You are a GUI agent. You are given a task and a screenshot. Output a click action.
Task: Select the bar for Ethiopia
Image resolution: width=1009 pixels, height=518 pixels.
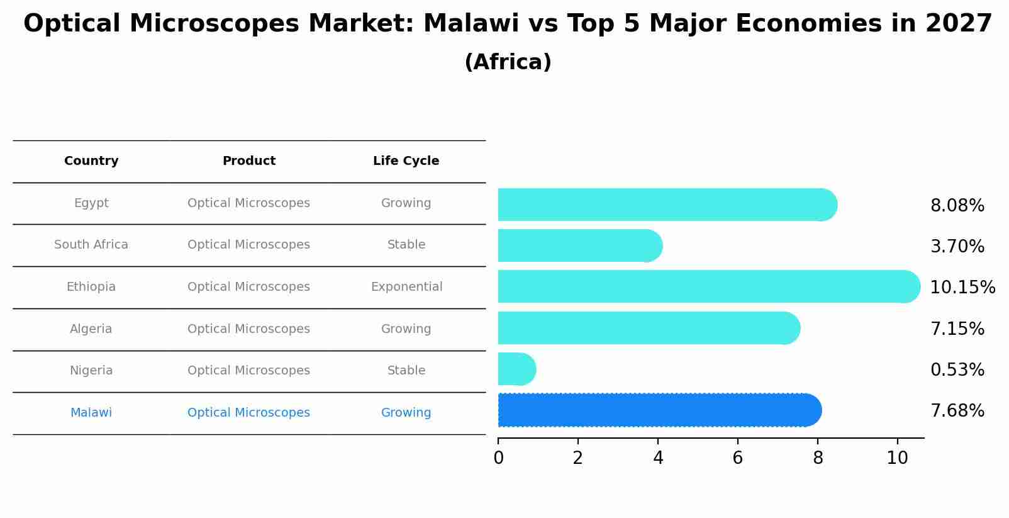708,286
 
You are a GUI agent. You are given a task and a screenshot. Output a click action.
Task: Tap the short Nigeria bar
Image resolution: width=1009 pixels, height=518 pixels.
516,369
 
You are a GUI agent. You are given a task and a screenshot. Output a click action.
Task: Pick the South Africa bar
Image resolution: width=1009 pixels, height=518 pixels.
579,245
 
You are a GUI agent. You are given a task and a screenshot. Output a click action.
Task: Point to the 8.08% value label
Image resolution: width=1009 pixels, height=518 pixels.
957,206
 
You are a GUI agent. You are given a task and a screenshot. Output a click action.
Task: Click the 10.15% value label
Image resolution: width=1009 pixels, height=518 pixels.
962,288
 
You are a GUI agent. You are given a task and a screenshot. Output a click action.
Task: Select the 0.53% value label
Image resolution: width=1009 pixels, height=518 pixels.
957,370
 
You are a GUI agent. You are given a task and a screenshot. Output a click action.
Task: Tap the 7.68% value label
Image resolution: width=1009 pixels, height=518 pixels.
957,411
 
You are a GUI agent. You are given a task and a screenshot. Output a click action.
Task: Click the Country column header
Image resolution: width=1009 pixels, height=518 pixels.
91,161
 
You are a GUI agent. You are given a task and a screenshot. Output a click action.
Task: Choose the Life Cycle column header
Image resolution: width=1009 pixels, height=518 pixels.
406,161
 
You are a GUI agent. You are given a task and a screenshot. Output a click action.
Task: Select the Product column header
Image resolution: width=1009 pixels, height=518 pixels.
248,161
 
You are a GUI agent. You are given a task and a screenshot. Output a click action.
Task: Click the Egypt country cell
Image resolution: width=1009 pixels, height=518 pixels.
91,203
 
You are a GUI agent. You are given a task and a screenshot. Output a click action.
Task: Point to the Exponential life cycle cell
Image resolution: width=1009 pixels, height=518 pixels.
406,287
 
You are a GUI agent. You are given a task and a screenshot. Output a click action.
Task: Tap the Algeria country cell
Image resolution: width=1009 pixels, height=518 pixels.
91,329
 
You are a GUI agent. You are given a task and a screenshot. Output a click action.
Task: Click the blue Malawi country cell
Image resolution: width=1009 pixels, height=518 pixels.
91,413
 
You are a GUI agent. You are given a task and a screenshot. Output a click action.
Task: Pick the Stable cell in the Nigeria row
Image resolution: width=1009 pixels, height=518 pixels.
406,371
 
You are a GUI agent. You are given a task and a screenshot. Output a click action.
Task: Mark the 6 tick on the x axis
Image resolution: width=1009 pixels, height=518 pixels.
738,458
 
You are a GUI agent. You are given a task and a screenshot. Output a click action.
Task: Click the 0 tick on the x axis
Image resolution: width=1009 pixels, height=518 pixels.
498,458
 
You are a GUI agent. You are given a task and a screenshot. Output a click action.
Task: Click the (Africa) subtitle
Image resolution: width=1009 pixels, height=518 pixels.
508,62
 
